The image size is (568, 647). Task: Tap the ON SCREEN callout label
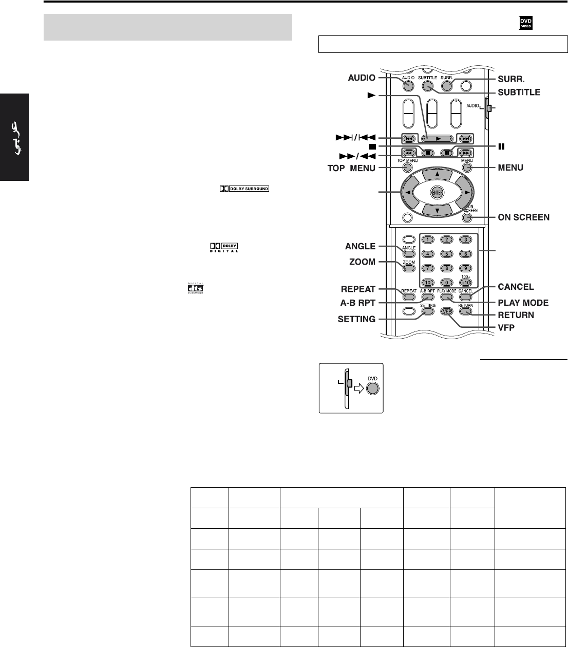click(524, 217)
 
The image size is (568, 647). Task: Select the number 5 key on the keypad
click(447, 253)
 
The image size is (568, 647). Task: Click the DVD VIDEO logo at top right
click(525, 22)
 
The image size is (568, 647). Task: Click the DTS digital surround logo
click(196, 289)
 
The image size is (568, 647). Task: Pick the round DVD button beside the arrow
click(372, 389)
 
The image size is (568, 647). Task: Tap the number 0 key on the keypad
click(447, 282)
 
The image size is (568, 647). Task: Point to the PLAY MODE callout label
click(523, 303)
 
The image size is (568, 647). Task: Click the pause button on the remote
click(447, 153)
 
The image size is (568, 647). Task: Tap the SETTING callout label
click(356, 319)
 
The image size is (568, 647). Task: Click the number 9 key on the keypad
click(465, 268)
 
